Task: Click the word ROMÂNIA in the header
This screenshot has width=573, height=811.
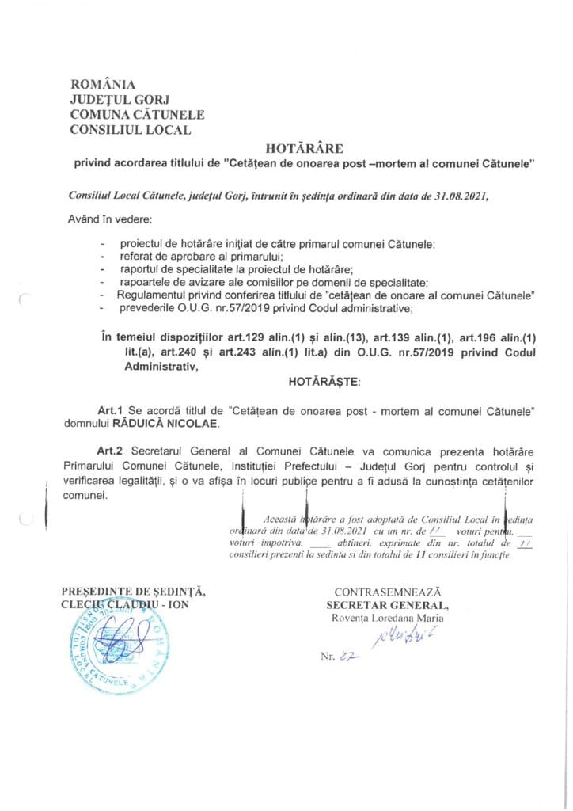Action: pos(104,84)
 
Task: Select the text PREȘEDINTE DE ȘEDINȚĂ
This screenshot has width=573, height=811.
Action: pos(133,592)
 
